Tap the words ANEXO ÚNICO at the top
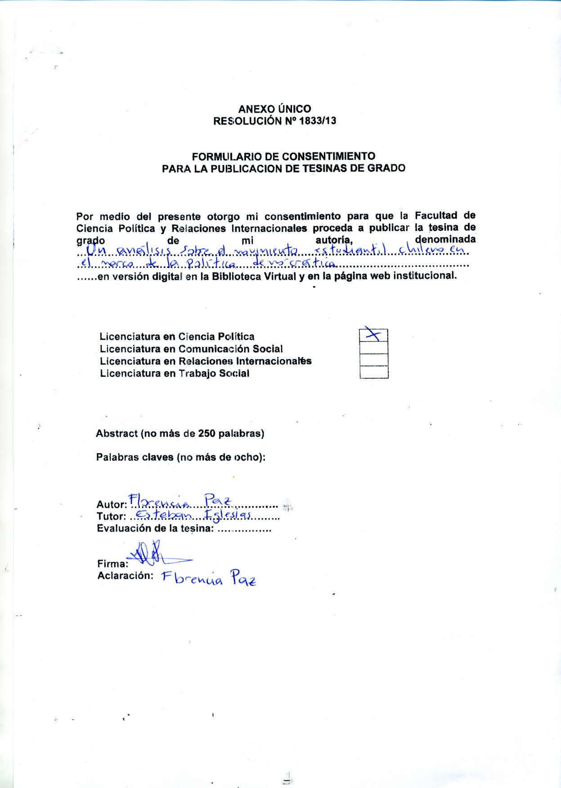274,109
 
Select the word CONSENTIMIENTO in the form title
328,157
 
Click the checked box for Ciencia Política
373,335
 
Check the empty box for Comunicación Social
373,348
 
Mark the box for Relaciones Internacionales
373,360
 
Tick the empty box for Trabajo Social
373,372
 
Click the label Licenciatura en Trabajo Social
174,374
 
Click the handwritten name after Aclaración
208,578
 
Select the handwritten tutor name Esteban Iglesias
193,515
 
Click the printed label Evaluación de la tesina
155,528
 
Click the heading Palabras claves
135,458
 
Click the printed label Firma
112,564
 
